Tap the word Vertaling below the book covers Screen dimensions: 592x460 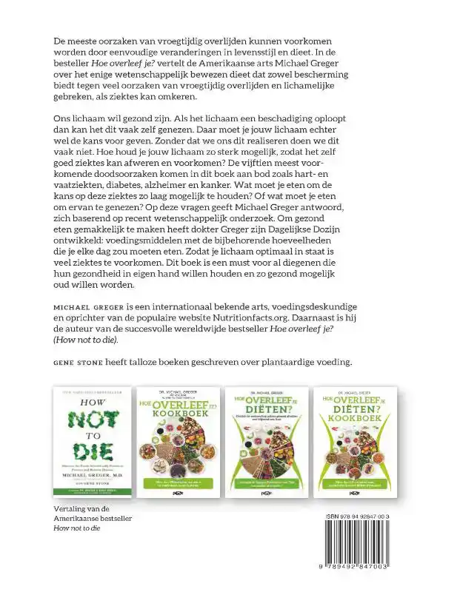coord(73,490)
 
